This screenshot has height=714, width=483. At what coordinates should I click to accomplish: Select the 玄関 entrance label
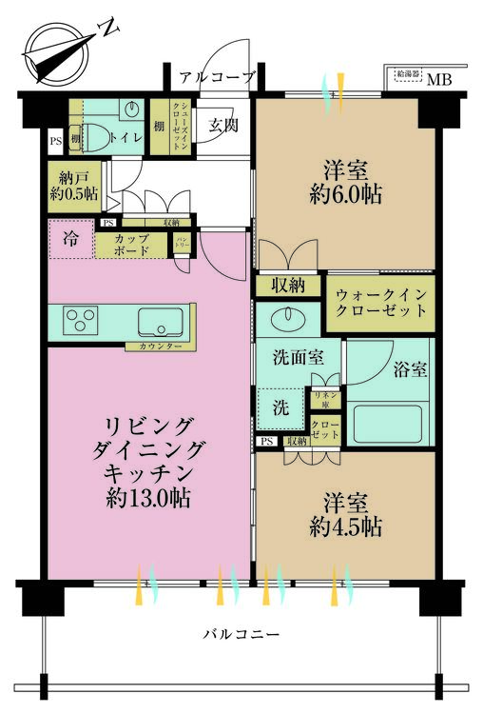pos(224,126)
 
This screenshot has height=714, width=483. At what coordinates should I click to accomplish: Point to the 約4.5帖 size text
pos(345,526)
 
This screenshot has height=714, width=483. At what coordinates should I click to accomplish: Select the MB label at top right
pos(438,79)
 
